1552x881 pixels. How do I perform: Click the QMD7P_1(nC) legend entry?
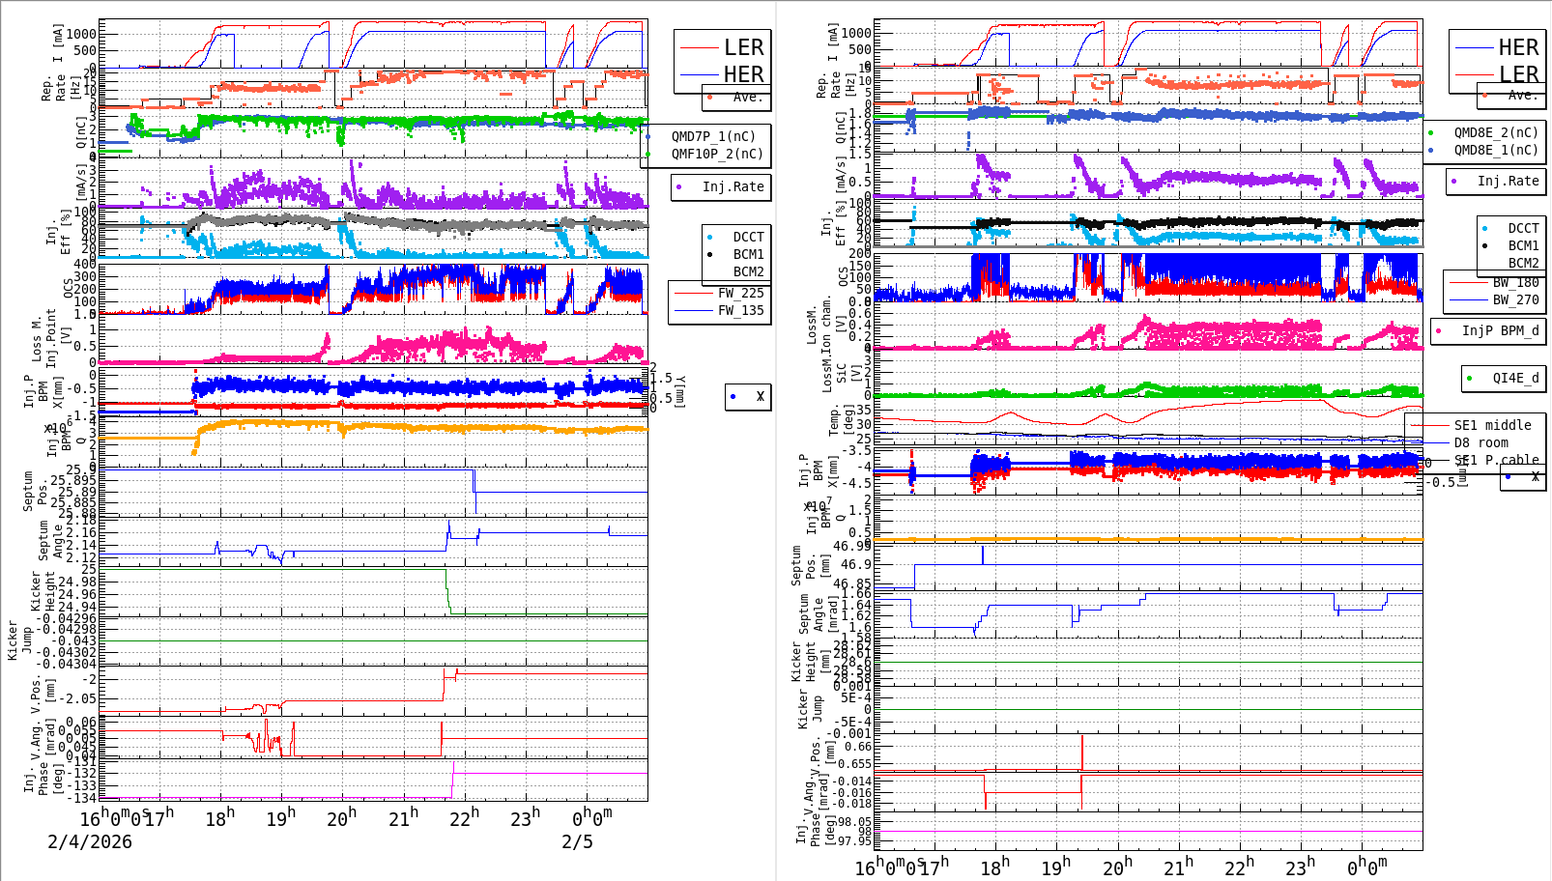[713, 136]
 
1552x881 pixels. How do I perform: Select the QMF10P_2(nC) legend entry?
[717, 154]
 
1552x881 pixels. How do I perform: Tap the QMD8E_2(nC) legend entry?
[1495, 132]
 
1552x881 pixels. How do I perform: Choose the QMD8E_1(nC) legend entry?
[1495, 150]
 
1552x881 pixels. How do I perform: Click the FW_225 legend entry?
[740, 293]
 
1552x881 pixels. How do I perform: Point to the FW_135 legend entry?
[740, 310]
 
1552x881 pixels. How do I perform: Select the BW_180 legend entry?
[1515, 282]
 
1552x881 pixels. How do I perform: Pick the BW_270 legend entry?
[1515, 299]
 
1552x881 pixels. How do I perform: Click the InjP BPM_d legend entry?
[1500, 330]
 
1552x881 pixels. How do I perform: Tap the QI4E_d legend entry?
[1515, 378]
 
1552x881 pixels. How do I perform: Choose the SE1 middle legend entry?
[1492, 425]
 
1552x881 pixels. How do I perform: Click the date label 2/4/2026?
[90, 841]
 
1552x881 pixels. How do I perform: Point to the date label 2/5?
[577, 841]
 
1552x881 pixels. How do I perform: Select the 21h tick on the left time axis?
[403, 819]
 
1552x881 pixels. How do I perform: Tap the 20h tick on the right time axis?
[1116, 867]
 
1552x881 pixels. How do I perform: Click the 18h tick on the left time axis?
[219, 819]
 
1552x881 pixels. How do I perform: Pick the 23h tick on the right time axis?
[1300, 867]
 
